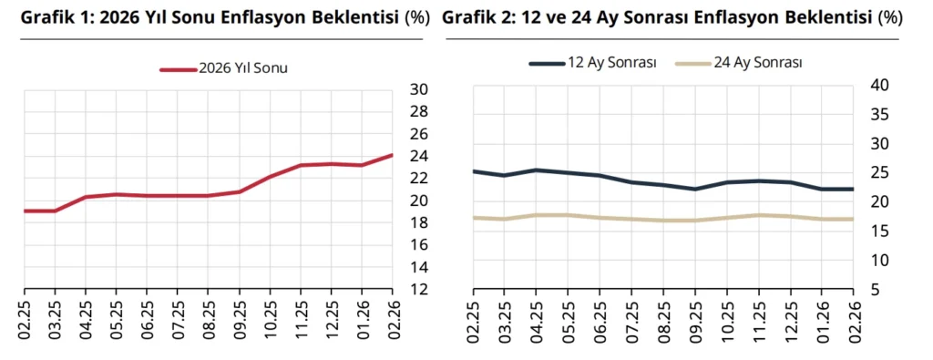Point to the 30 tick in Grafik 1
pyautogui.click(x=418, y=89)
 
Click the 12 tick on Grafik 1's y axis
pyautogui.click(x=418, y=290)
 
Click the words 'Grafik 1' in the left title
pyautogui.click(x=52, y=17)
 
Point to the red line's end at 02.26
pyautogui.click(x=392, y=155)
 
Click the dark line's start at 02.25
pyautogui.click(x=475, y=171)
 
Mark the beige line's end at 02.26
pyautogui.click(x=852, y=219)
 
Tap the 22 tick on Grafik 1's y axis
pyautogui.click(x=418, y=179)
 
